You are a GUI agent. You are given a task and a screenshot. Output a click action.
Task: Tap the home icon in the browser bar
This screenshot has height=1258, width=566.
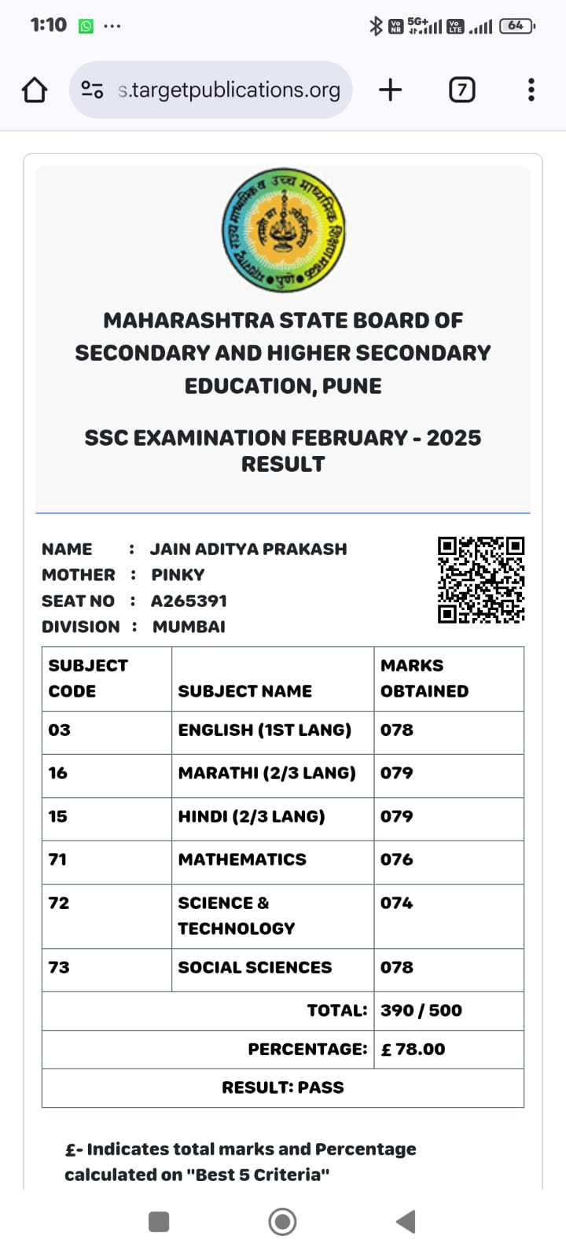click(35, 90)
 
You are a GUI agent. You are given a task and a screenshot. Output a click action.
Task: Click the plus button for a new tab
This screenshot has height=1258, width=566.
click(390, 90)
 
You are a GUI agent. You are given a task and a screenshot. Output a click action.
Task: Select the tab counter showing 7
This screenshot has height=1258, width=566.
click(461, 90)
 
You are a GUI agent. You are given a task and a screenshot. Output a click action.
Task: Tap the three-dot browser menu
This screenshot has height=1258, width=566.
click(531, 90)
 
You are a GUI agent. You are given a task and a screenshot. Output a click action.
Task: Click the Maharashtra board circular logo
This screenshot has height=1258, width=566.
click(283, 230)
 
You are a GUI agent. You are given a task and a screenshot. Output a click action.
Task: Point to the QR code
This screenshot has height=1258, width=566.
click(481, 580)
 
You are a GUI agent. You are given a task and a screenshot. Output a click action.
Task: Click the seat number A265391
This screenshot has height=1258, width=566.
click(189, 601)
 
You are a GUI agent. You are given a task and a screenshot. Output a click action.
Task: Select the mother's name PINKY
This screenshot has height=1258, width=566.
click(178, 576)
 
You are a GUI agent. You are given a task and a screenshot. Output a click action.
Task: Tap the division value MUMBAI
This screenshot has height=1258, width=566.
click(189, 627)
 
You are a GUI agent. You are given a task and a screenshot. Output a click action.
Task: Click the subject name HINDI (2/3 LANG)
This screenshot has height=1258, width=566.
click(252, 817)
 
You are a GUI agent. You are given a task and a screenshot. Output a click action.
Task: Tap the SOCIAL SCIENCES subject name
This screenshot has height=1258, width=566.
click(255, 968)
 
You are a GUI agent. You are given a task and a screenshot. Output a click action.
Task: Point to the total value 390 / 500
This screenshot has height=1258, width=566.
click(421, 1011)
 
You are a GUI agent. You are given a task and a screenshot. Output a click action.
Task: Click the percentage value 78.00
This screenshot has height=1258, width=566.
click(413, 1050)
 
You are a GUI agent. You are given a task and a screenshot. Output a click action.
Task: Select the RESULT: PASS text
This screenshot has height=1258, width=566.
click(283, 1088)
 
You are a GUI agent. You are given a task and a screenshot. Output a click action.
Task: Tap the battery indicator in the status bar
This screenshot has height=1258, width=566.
click(516, 26)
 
